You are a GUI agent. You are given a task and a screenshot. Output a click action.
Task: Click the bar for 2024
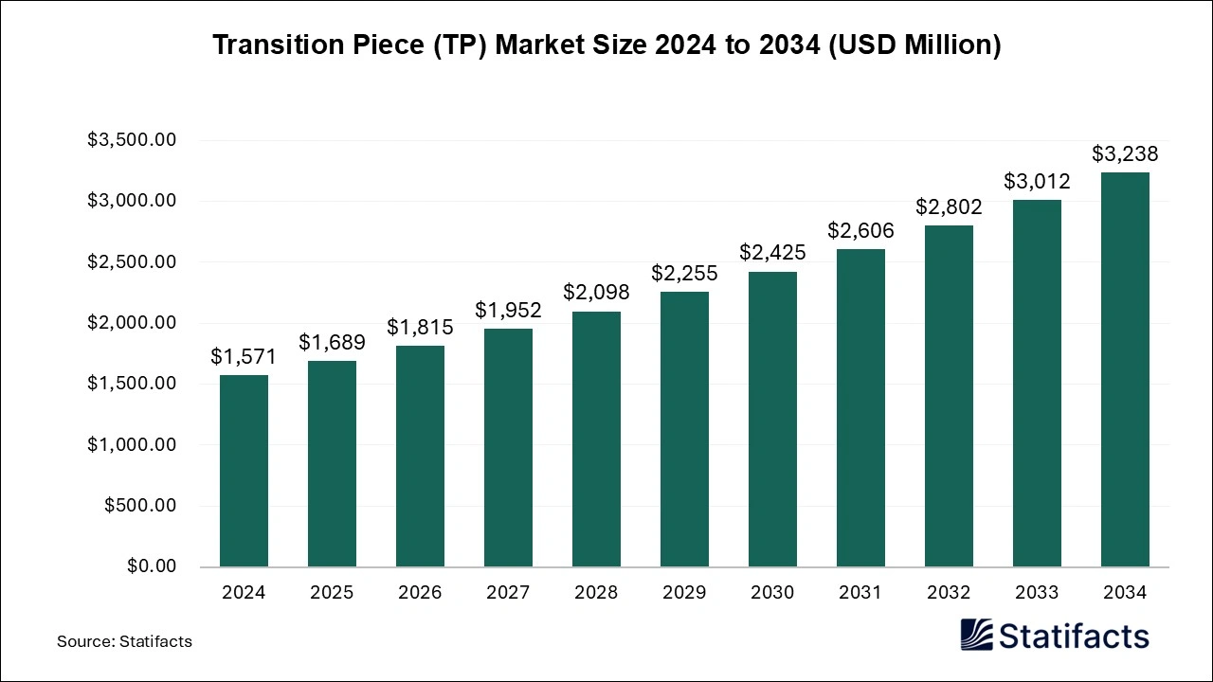(x=244, y=471)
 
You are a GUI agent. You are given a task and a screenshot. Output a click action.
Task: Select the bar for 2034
(x=1125, y=369)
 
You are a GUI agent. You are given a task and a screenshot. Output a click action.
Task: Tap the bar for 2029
(x=684, y=429)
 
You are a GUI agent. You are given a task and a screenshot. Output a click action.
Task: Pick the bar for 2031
(x=860, y=407)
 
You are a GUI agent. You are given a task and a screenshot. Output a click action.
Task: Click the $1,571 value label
(x=244, y=356)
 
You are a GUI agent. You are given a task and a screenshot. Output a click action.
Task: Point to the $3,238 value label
(x=1125, y=153)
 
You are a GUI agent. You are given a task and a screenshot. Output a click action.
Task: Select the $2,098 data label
(x=596, y=293)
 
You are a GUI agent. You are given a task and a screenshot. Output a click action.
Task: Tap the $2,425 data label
(x=772, y=253)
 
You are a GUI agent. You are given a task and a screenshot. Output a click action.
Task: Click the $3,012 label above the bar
(x=1037, y=181)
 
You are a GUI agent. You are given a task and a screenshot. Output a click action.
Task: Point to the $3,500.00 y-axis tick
(x=132, y=140)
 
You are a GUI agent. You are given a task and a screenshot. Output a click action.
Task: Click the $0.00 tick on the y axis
(x=152, y=566)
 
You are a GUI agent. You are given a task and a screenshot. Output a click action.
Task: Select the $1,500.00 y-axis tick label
(x=132, y=384)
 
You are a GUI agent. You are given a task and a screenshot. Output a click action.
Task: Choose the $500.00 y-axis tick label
(x=140, y=506)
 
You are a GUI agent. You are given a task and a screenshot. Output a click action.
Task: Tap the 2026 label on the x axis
(x=420, y=593)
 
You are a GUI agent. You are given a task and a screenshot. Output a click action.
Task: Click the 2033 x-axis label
(x=1037, y=593)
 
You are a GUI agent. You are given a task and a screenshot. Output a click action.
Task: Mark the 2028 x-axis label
(x=596, y=593)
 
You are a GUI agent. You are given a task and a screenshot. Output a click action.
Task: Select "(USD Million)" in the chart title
(x=916, y=45)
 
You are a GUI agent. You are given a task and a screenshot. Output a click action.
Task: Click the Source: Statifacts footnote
(x=124, y=641)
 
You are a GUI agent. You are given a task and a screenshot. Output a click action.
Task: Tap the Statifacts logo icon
(x=978, y=635)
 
